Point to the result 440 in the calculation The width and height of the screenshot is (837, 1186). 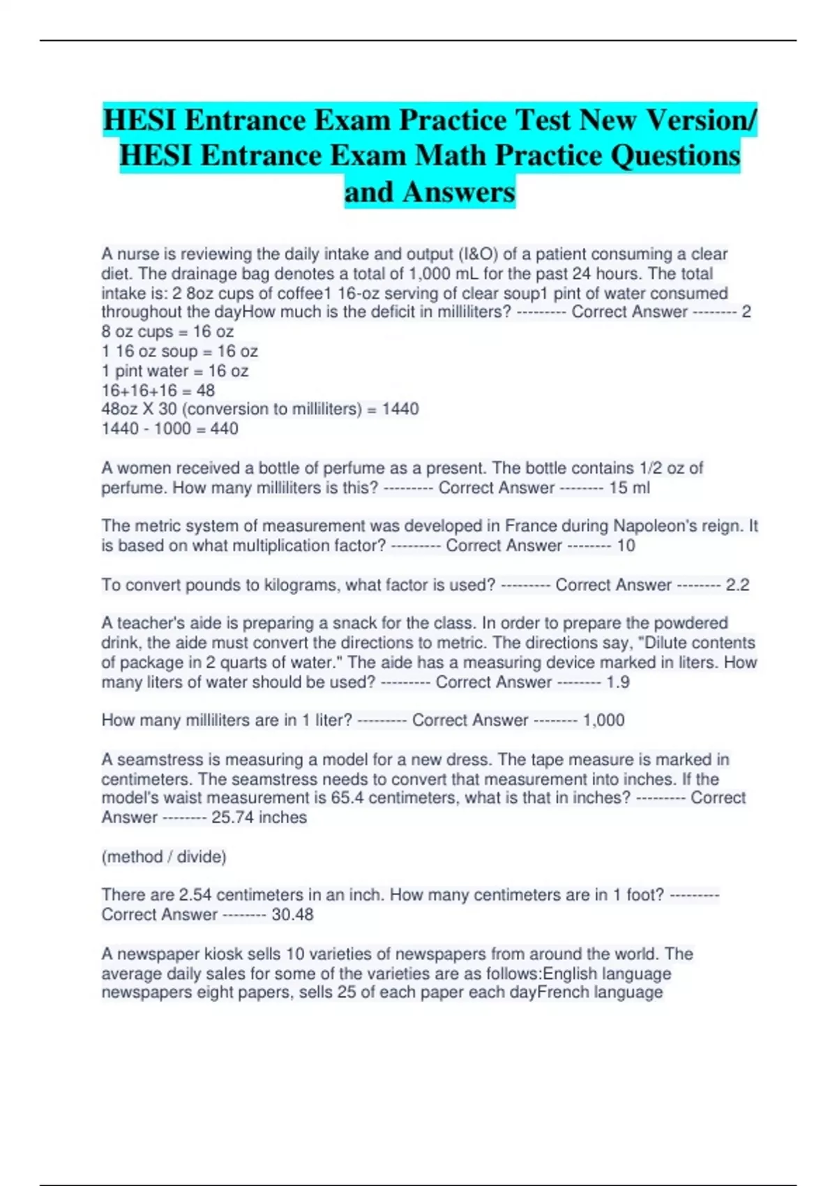(224, 428)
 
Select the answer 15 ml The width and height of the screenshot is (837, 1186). (629, 488)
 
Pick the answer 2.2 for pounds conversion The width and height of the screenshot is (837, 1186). (737, 585)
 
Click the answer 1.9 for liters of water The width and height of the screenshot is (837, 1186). (618, 682)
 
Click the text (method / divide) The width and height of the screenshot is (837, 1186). (164, 856)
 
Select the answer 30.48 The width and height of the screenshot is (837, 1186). (292, 914)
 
